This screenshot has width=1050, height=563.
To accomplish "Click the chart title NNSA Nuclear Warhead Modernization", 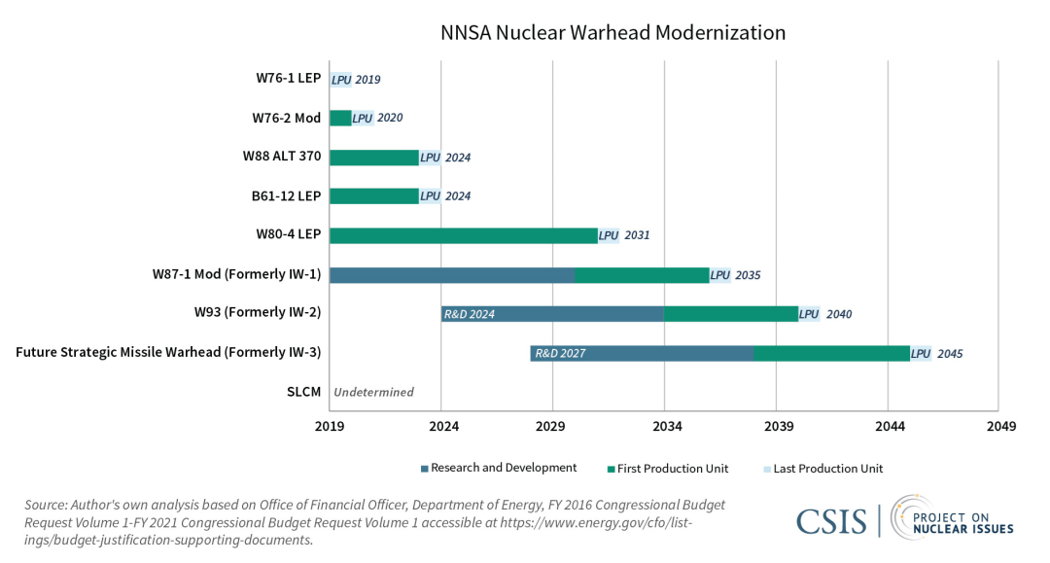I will [x=612, y=32].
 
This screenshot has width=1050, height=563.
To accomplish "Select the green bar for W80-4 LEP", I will [x=463, y=235].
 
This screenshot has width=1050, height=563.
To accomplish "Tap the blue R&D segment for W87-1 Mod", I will [x=451, y=275].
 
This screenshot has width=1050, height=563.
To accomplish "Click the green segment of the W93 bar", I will [x=731, y=314].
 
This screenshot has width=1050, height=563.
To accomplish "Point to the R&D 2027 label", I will [x=560, y=354].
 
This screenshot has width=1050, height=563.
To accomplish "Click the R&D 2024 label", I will [x=470, y=314].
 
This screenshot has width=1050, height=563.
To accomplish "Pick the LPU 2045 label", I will [x=937, y=354].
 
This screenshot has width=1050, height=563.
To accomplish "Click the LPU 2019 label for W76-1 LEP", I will [x=356, y=79].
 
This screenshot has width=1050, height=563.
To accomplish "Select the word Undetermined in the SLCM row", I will [x=373, y=393].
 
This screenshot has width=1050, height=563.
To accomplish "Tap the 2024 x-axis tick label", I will [x=443, y=427].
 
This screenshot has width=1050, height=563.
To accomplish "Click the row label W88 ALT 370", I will [x=282, y=157].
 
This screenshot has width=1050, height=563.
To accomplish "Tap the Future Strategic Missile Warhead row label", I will [x=168, y=353].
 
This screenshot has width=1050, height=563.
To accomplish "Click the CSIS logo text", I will [x=831, y=522].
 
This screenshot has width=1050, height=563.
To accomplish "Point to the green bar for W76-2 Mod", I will [x=340, y=118].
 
